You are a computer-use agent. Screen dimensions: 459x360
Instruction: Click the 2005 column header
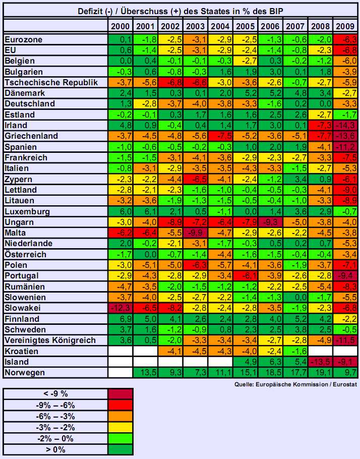click(245, 26)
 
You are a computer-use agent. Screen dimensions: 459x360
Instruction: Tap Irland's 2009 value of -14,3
click(346, 125)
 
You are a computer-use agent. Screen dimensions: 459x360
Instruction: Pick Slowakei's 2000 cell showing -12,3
click(119, 308)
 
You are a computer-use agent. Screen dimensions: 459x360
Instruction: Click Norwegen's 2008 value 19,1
click(321, 373)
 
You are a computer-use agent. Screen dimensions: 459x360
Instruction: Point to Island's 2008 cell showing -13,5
click(321, 362)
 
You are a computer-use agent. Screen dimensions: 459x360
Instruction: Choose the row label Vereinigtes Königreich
click(50, 340)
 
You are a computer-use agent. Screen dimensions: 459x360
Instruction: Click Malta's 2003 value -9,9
click(195, 233)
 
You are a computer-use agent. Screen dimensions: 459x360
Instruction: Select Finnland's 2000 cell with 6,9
click(119, 319)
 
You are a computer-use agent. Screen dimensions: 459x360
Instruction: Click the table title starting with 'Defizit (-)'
click(180, 11)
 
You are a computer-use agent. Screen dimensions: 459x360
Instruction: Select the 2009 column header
click(346, 26)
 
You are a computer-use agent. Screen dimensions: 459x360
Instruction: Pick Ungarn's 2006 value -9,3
click(270, 222)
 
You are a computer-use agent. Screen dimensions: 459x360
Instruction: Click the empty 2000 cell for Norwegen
click(119, 373)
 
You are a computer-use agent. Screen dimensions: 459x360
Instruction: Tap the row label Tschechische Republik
click(50, 82)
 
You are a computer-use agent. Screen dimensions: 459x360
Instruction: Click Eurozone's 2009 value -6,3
click(346, 39)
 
